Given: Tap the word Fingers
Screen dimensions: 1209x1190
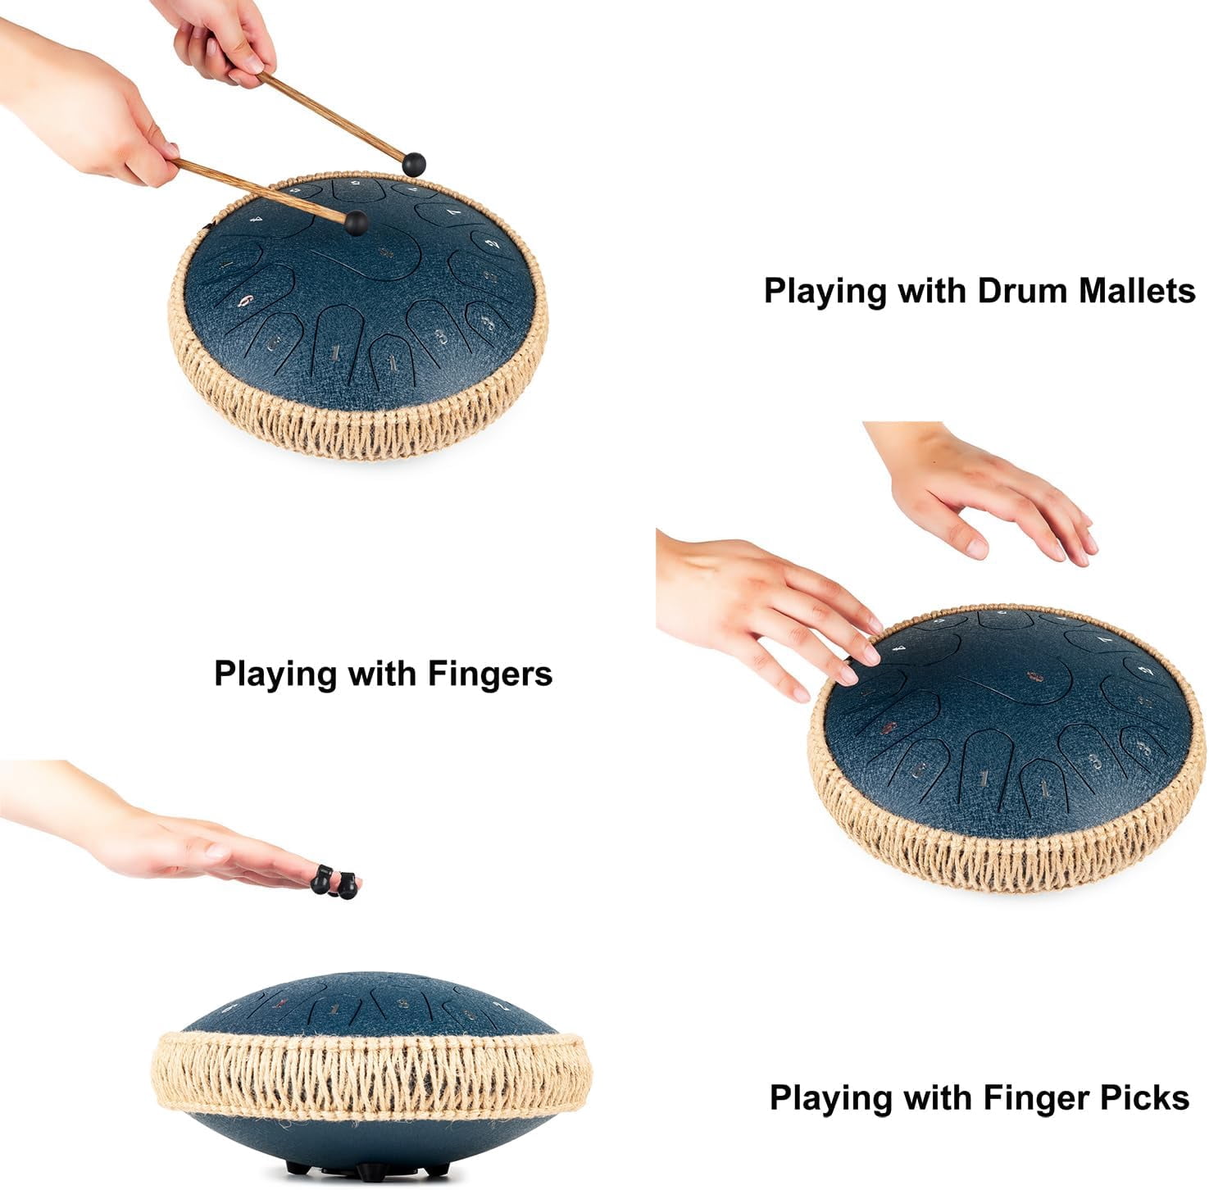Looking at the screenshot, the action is tap(490, 674).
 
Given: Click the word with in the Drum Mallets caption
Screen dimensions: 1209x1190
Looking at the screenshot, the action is tap(934, 291).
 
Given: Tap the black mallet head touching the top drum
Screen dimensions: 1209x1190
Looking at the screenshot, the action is tap(356, 222).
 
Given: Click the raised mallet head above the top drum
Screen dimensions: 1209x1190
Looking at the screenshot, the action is tap(415, 163).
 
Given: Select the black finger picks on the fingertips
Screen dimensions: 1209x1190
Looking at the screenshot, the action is tap(335, 882).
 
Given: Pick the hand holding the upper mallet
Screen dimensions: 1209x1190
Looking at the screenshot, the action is tap(221, 37).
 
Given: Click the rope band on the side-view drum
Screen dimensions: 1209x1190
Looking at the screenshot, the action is tap(370, 1075).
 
